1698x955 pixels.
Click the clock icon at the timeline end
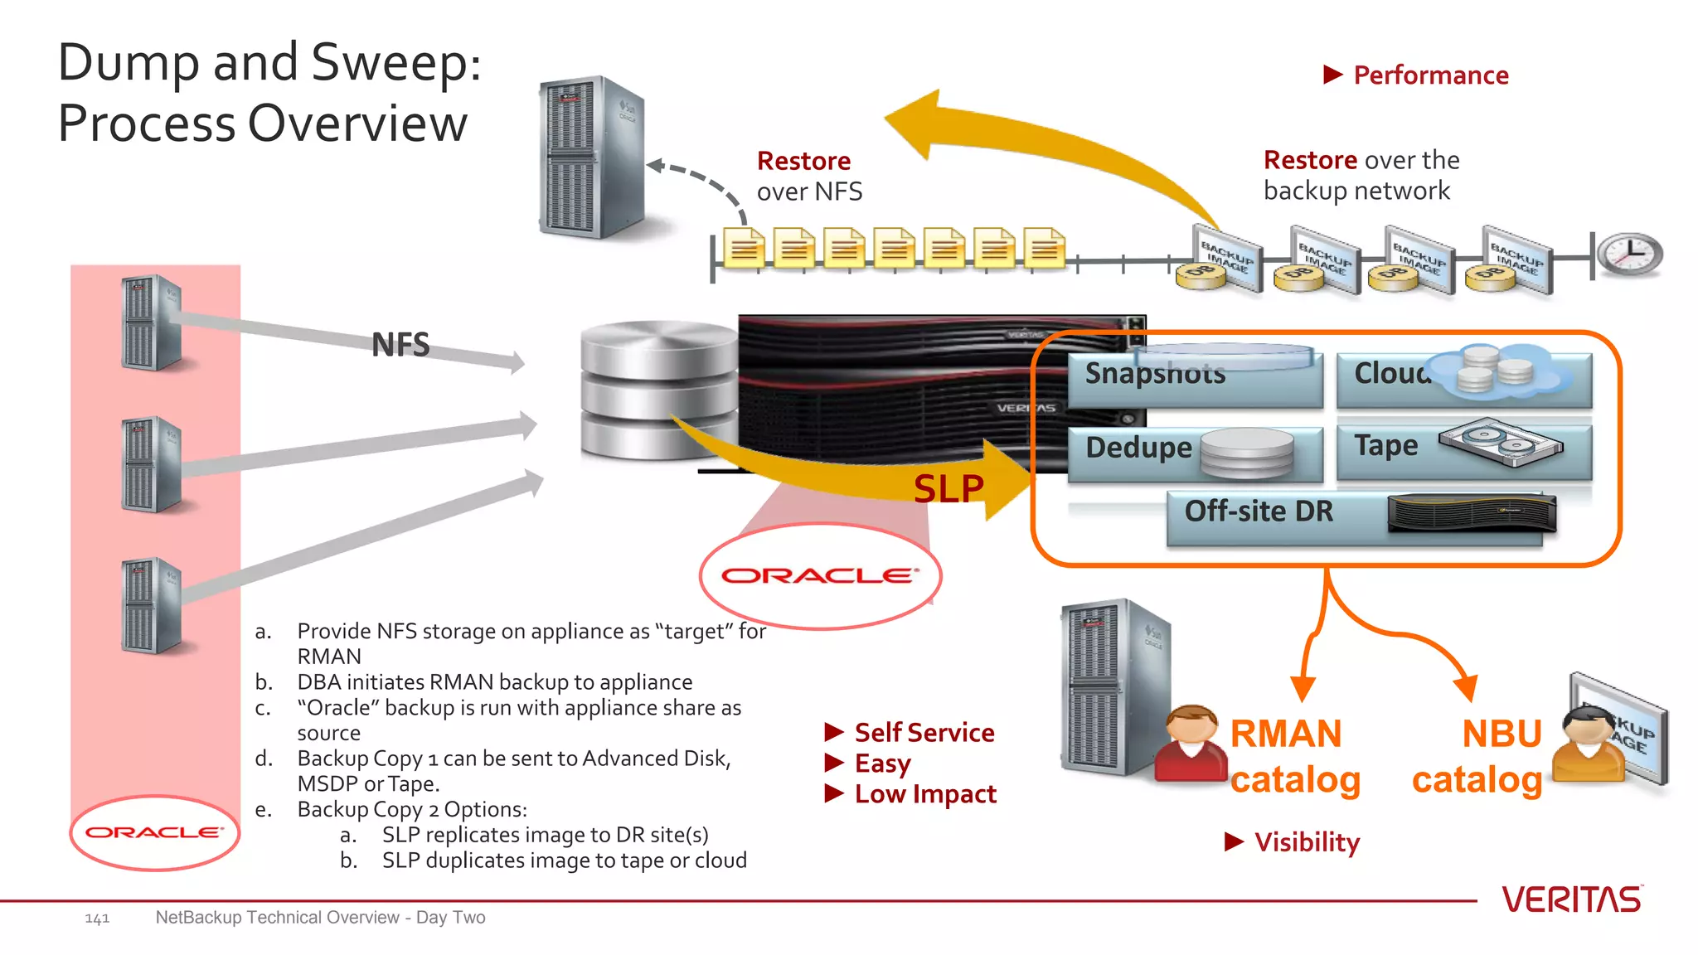(1630, 254)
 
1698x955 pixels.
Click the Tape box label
(1385, 446)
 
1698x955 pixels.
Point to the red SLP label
(948, 488)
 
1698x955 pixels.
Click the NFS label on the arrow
(400, 345)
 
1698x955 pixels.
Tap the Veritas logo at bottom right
(1571, 899)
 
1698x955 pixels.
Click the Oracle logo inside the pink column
(154, 832)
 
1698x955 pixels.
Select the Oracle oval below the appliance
(821, 575)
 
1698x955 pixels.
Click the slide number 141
(97, 919)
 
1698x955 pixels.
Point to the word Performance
(1430, 75)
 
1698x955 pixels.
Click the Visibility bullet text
(1307, 842)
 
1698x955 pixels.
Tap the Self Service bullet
(924, 733)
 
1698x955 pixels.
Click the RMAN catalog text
(1293, 757)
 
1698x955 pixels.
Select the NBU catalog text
(1478, 757)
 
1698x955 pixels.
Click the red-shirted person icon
(1190, 744)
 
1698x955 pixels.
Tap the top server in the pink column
(151, 323)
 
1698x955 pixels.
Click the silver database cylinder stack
(659, 390)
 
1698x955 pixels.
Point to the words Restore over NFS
(808, 176)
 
